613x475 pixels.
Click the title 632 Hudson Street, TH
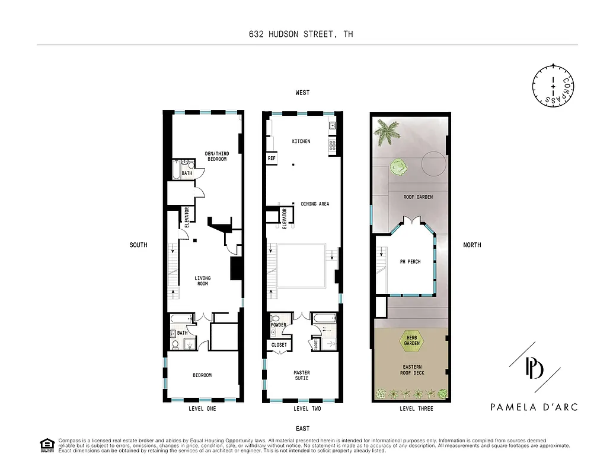pos(301,34)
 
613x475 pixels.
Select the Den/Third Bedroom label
pos(216,156)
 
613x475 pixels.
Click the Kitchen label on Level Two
pos(301,141)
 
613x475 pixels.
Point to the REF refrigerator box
pos(272,159)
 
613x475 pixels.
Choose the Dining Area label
pos(315,204)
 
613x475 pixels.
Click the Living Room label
pos(203,281)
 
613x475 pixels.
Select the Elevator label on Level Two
pos(284,218)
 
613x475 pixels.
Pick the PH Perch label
pos(410,261)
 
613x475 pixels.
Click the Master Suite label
pos(301,376)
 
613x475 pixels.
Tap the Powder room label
pos(278,325)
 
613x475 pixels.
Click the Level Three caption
pos(416,408)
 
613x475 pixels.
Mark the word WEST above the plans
pos(302,93)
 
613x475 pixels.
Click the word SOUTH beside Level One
pos(139,245)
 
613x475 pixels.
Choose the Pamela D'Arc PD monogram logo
pos(534,369)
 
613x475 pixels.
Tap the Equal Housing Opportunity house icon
pos(46,445)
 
